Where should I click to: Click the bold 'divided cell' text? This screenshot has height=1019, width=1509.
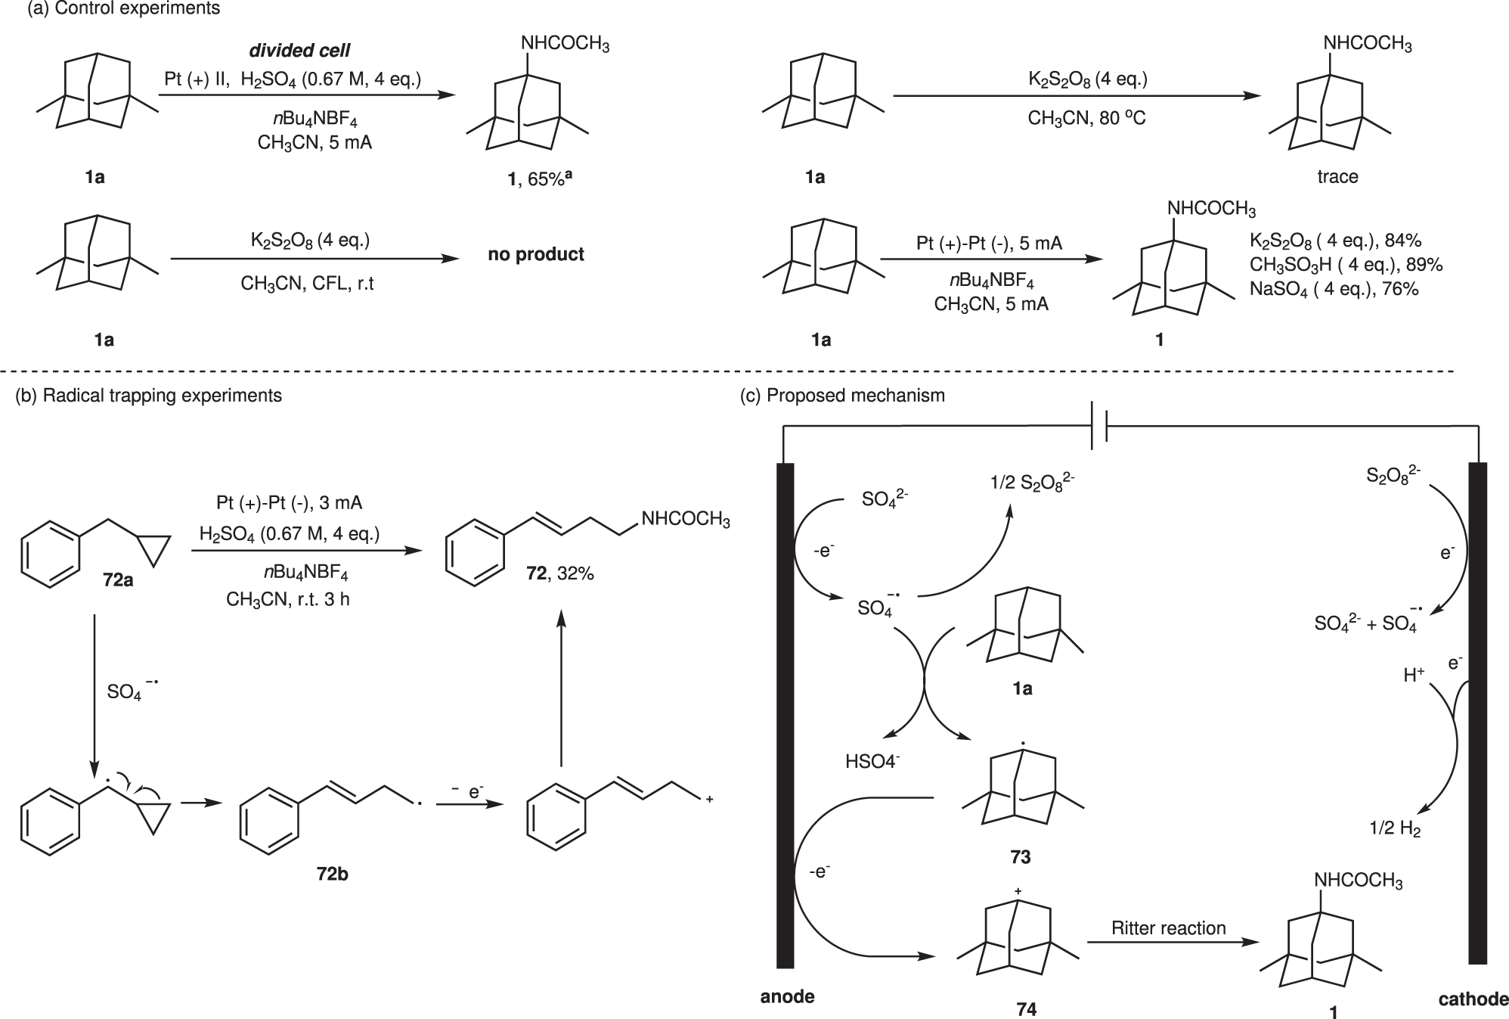300,51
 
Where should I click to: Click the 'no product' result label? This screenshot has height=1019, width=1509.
536,254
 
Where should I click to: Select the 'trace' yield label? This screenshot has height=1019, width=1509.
1337,177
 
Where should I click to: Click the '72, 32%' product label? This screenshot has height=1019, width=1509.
560,573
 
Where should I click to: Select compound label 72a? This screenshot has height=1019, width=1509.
119,581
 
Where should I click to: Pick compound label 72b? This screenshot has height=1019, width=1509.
333,875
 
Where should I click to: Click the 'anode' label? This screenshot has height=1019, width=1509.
787,996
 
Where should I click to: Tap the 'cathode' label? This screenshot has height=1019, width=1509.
1473,999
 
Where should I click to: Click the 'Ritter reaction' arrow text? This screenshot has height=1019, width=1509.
1168,928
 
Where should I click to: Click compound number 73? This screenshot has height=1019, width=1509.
1020,857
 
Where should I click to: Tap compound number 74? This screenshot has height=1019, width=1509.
1026,1009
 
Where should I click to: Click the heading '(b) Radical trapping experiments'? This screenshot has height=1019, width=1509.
149,396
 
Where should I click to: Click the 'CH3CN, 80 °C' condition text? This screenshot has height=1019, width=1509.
1086,119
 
